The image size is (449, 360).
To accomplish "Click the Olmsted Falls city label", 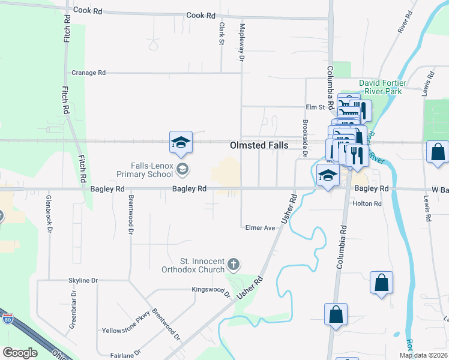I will point(259,146).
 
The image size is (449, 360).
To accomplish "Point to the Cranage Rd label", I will point(88,73).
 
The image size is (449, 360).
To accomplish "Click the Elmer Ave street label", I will point(260,228).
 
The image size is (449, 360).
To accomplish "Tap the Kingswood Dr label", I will point(211,291).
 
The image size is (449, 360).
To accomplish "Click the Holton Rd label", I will point(367,204).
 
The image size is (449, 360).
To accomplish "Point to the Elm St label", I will point(315,107).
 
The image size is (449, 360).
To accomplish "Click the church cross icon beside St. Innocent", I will point(234,265).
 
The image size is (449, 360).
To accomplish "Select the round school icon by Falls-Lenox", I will point(182,170).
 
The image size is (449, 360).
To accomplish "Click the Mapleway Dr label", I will point(243,43).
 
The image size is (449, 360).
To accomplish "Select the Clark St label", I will point(221,34).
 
